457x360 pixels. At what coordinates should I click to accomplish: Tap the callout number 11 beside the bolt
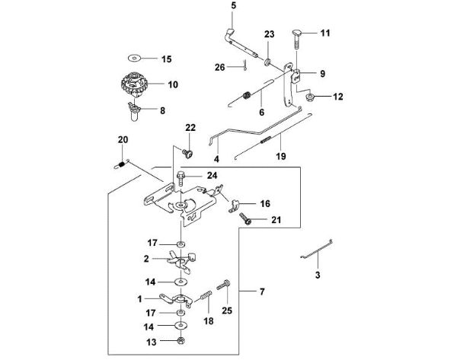[x=325, y=33]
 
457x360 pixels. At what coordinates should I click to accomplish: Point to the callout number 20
[x=123, y=139]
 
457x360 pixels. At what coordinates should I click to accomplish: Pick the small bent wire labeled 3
[x=318, y=256]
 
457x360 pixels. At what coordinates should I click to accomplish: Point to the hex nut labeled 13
[x=181, y=341]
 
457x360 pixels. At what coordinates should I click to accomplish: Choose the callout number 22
[x=191, y=127]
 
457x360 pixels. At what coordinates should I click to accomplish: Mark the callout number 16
[x=265, y=204]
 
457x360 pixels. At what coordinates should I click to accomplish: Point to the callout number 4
[x=216, y=159]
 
